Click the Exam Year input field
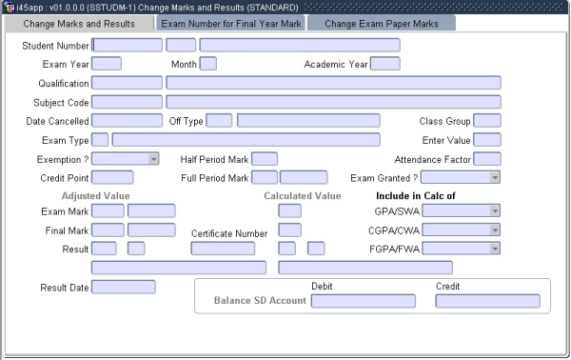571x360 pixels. point(106,64)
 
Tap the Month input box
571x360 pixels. point(207,64)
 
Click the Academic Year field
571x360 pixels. point(384,64)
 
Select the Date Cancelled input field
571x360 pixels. point(127,121)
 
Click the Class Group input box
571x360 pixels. point(487,121)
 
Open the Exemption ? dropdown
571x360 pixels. point(119,159)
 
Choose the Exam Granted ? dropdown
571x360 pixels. point(460,177)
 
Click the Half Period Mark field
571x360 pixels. point(265,159)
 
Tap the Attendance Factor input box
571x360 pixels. point(487,159)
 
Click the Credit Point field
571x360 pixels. point(112,177)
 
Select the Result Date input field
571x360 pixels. point(123,287)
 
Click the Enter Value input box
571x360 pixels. point(487,140)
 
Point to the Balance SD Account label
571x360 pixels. point(260,301)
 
